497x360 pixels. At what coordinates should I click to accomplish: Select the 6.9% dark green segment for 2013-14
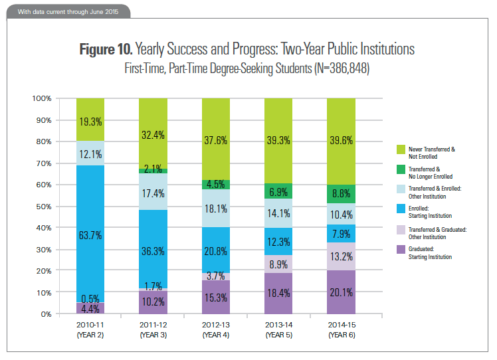(x=278, y=191)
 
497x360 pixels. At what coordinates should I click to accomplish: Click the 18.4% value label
(x=278, y=293)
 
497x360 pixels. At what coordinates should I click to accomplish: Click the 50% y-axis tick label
(x=43, y=207)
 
